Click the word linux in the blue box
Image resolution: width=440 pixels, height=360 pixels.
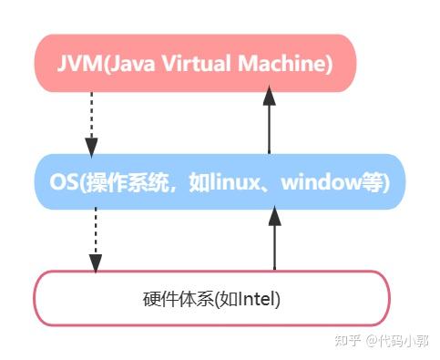tap(238, 182)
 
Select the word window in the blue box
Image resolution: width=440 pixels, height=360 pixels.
tap(318, 182)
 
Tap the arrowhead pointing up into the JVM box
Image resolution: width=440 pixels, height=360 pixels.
tap(270, 94)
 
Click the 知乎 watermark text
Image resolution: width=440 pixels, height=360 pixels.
tap(346, 342)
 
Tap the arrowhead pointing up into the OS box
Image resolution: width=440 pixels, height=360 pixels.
tap(274, 216)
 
